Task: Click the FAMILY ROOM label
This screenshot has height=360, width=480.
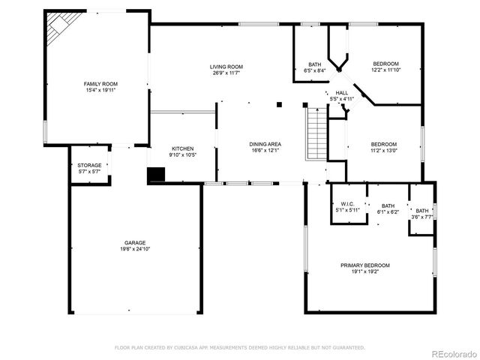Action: point(100,84)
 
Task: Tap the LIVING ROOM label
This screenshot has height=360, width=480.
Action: point(226,67)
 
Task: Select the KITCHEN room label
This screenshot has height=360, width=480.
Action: point(183,148)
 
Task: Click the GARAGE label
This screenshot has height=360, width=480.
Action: point(135,243)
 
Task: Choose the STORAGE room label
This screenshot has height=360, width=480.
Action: point(89,166)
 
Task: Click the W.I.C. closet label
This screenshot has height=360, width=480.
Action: point(347,204)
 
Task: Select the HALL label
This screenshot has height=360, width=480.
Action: point(341,93)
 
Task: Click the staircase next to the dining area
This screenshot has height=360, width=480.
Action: point(316,133)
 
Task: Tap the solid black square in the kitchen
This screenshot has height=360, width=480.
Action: point(155,175)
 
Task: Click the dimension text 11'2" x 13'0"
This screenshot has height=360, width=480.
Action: point(384,150)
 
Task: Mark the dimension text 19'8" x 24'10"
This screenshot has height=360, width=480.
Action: point(135,249)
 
